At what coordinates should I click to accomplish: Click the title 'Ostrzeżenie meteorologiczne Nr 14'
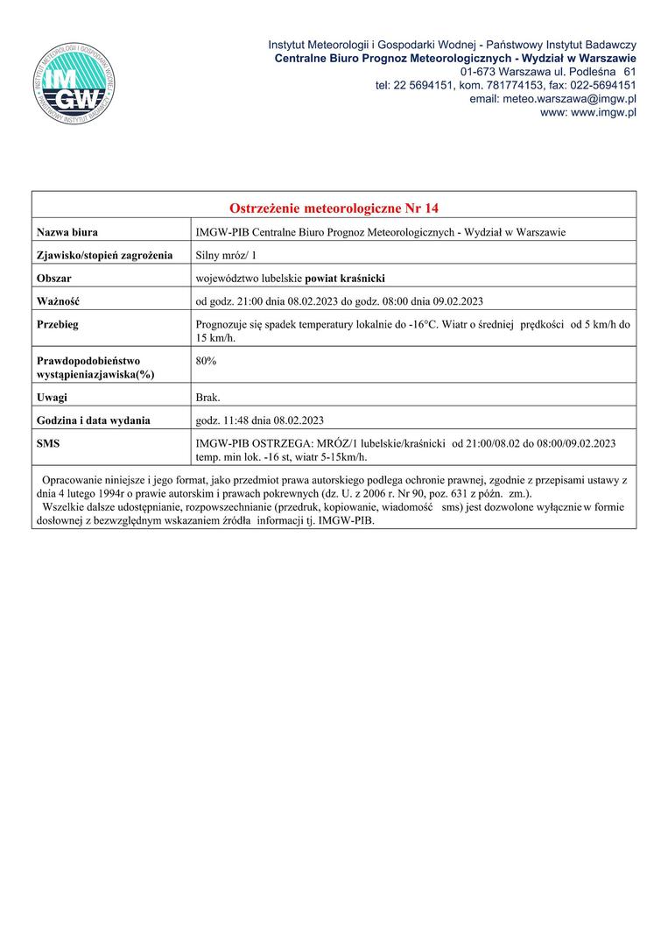click(x=333, y=208)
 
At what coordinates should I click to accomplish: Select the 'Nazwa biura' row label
click(x=67, y=232)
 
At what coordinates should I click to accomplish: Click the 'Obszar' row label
click(x=54, y=279)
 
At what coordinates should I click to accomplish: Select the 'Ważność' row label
click(x=59, y=301)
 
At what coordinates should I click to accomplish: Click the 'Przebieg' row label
click(x=59, y=324)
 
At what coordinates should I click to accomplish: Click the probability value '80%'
click(x=207, y=360)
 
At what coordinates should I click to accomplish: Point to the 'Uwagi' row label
click(x=53, y=397)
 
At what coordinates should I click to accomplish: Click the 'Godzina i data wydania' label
click(x=94, y=420)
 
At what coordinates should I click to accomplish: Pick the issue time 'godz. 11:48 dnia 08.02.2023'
click(x=261, y=420)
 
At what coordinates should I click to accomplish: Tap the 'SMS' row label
click(x=48, y=444)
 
